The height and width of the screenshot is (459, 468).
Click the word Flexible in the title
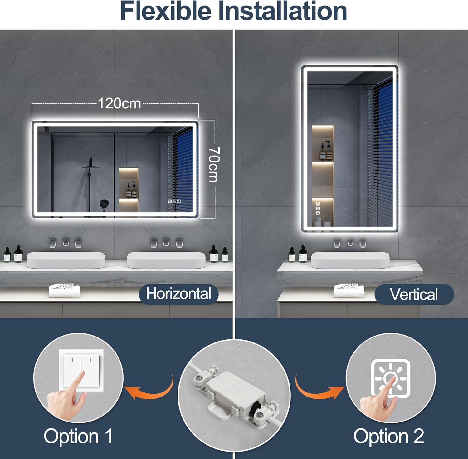click(x=165, y=11)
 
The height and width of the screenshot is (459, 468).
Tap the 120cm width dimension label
click(x=119, y=103)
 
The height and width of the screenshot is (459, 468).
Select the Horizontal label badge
click(x=178, y=294)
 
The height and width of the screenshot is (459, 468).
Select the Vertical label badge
click(x=414, y=294)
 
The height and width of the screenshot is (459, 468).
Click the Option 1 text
click(x=78, y=436)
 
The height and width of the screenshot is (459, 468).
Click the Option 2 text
click(x=389, y=436)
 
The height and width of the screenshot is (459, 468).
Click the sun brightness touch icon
click(x=391, y=378)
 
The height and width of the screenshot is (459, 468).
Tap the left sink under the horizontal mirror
click(x=66, y=260)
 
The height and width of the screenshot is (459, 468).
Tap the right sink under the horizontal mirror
click(x=166, y=260)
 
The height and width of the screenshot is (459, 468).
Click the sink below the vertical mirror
click(x=350, y=260)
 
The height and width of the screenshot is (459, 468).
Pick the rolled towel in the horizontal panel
click(x=65, y=291)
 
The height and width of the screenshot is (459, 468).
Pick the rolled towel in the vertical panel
click(x=349, y=291)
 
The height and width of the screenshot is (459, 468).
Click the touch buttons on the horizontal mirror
click(x=174, y=202)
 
